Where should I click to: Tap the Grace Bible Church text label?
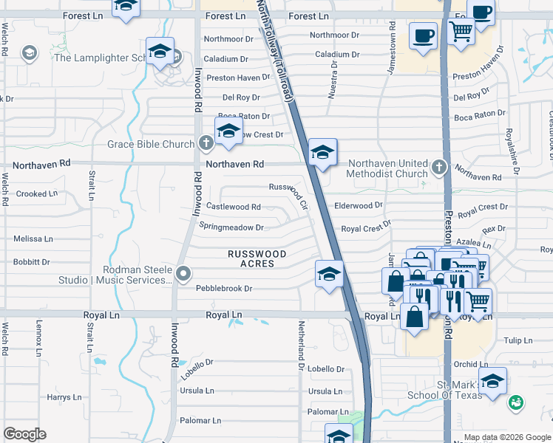(151, 145)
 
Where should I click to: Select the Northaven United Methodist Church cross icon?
(440, 167)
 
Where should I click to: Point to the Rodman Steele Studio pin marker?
(184, 275)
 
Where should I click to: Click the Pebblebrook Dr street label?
(224, 289)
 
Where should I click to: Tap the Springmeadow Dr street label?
(231, 227)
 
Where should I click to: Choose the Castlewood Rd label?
(233, 207)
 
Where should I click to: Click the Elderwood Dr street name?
(359, 205)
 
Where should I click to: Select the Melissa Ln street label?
(33, 239)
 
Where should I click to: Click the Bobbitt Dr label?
(31, 262)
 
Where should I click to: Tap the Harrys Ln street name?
(58, 397)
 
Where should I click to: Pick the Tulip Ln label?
(518, 340)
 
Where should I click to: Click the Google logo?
(24, 434)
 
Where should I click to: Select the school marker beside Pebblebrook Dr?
(329, 275)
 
